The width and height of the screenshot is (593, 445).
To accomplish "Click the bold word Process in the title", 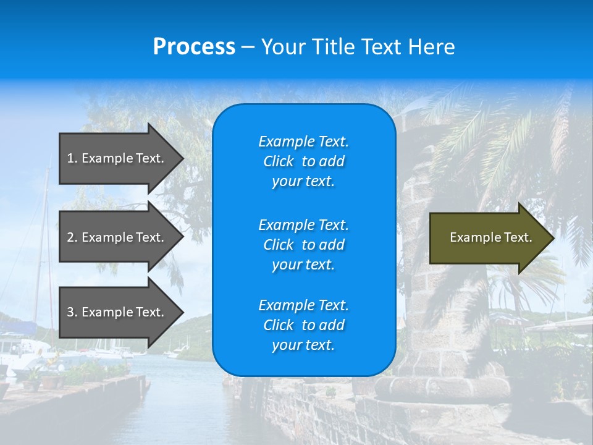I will [x=194, y=47].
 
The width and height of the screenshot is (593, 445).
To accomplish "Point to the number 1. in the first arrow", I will [x=72, y=158].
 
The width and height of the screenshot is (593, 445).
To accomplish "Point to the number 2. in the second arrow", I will [x=72, y=237].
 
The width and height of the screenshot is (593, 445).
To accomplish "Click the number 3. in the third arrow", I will [x=72, y=312].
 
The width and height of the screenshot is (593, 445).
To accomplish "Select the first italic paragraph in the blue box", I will [x=303, y=161].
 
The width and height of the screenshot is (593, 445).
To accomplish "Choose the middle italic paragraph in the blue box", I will [x=303, y=244].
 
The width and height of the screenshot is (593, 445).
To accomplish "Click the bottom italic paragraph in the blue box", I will [x=303, y=325].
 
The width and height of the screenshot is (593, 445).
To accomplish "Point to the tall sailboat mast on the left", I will [x=46, y=247].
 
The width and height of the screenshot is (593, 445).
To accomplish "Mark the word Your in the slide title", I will [x=282, y=47].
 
